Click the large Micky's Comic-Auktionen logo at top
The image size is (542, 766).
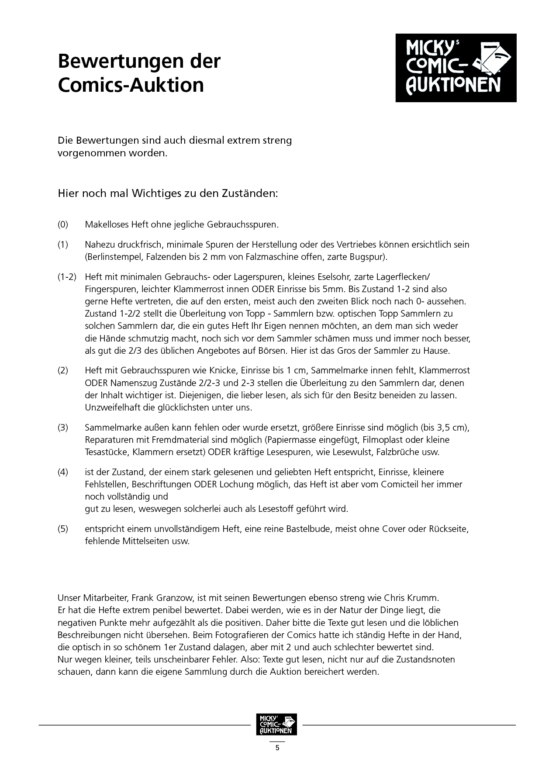(x=456, y=68)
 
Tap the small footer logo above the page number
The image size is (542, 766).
(x=276, y=725)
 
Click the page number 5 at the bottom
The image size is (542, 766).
(x=277, y=748)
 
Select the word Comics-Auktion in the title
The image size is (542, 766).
(x=131, y=85)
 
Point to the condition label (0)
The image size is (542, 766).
(x=63, y=224)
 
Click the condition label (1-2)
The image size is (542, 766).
(x=67, y=277)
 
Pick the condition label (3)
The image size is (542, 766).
(x=63, y=428)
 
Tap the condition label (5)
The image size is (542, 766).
(x=63, y=529)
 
